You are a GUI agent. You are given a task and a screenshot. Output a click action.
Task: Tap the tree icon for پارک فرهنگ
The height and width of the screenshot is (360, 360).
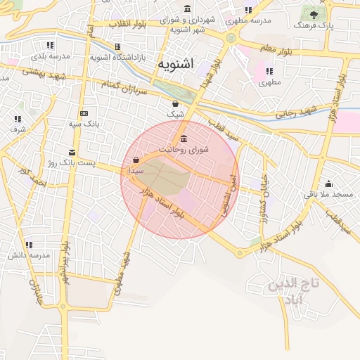[x=314, y=14]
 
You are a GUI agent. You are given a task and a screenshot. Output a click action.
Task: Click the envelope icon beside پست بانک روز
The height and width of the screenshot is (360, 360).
[x=72, y=152]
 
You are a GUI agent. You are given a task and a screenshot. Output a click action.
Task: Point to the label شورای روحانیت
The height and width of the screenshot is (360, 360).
[x=184, y=149]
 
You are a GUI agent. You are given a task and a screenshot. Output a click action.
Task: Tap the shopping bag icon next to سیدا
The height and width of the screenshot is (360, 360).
[x=135, y=160]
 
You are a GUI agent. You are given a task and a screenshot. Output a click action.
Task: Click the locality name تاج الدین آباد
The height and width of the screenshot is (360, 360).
[x=294, y=292]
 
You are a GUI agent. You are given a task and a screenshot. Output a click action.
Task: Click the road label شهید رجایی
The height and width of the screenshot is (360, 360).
[x=296, y=111]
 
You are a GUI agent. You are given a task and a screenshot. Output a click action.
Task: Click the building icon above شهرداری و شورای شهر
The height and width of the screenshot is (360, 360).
[x=187, y=9]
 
